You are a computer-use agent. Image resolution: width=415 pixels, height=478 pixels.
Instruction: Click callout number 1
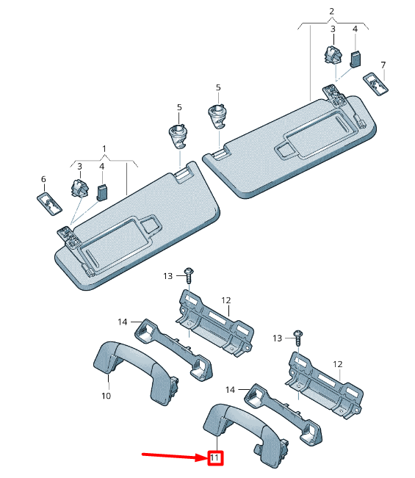[x=104, y=148]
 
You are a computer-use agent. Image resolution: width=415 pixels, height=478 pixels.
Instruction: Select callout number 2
[x=331, y=11]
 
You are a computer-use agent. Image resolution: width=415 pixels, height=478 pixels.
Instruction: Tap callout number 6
[x=43, y=179]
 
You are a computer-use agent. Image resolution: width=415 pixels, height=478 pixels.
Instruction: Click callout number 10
[x=106, y=396]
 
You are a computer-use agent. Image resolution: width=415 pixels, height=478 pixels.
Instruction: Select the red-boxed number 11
[x=214, y=459]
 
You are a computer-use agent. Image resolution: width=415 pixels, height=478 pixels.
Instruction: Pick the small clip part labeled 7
[x=375, y=83]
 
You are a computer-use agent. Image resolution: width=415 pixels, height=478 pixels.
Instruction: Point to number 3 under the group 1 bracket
[x=79, y=167]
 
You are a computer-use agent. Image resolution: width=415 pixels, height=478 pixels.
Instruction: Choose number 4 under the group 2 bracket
[x=355, y=29]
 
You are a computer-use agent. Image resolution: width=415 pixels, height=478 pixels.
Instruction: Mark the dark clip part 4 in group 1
[x=102, y=192]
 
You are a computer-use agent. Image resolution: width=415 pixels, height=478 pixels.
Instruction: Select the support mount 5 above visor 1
[x=178, y=137]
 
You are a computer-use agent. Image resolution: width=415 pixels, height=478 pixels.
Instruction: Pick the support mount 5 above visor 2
[x=218, y=115]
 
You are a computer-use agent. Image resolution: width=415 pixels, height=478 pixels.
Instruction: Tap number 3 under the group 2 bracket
[x=332, y=29]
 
